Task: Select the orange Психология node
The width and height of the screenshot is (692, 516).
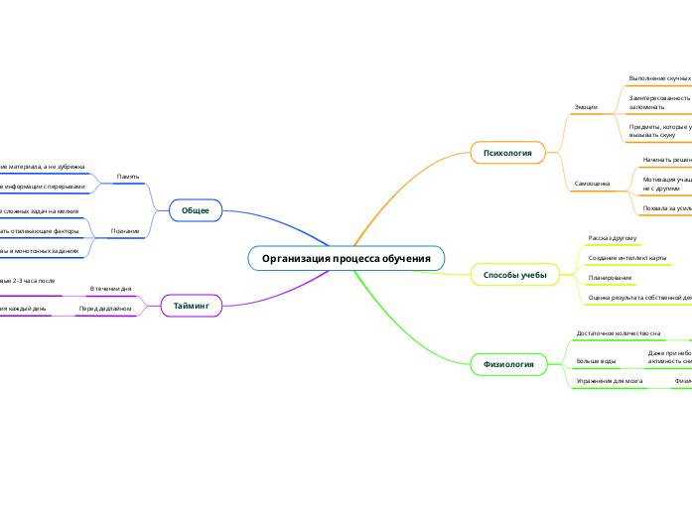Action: [507, 152]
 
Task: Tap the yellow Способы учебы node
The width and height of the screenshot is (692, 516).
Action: [508, 274]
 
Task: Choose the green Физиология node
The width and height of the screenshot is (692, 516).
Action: [508, 364]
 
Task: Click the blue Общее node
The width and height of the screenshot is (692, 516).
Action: [196, 210]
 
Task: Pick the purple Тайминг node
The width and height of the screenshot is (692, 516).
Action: [192, 307]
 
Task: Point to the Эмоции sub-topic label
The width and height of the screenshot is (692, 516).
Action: [587, 106]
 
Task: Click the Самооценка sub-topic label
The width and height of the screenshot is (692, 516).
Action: [593, 184]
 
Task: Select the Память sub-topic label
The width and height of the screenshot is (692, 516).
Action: [128, 176]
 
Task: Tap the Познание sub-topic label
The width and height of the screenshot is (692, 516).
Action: [126, 231]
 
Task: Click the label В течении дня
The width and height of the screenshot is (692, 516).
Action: [110, 288]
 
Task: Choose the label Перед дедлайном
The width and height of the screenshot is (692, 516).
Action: [105, 309]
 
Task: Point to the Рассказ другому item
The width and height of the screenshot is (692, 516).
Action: [612, 239]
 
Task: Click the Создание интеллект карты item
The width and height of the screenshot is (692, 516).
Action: [626, 258]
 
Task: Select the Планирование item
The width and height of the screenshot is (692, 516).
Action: [610, 278]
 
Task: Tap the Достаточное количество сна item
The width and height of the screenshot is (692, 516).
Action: [619, 333]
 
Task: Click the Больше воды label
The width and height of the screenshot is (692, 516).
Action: [596, 360]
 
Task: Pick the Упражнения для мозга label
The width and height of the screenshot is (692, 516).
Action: [610, 381]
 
